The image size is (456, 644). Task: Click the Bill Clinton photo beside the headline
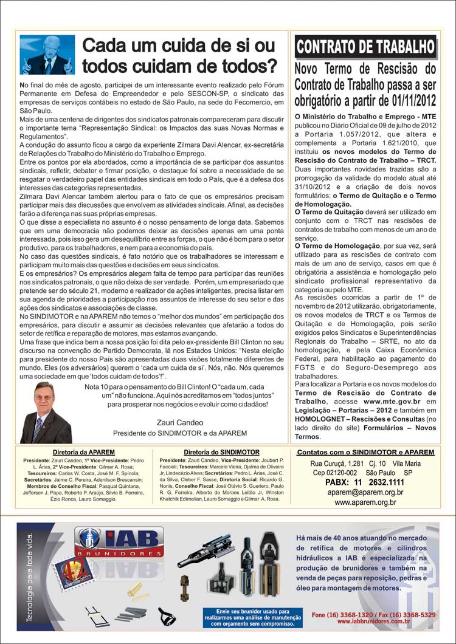click(x=47, y=55)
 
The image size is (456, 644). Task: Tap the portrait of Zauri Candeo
click(x=46, y=413)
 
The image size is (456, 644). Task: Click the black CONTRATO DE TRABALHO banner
click(x=365, y=47)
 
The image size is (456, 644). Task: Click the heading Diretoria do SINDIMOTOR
click(x=221, y=453)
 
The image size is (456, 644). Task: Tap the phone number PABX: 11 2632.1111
click(x=365, y=482)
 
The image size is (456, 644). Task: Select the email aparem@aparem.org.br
click(x=365, y=493)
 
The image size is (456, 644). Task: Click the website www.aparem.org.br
click(x=365, y=502)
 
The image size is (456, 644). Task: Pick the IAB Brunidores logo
click(x=120, y=542)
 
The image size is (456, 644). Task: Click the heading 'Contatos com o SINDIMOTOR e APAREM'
click(x=365, y=453)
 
